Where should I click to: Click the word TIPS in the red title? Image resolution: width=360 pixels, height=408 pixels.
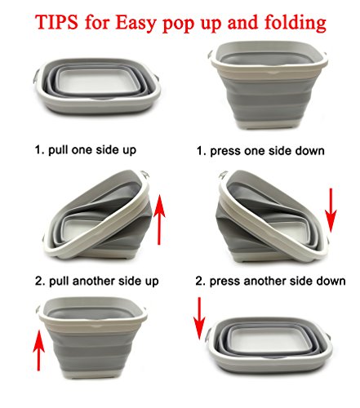click(56, 22)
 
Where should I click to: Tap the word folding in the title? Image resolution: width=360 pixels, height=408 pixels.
click(296, 24)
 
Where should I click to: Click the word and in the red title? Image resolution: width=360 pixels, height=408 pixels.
click(242, 22)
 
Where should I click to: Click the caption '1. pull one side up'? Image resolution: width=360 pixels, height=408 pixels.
click(86, 150)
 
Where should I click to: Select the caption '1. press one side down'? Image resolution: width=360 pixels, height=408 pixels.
click(260, 151)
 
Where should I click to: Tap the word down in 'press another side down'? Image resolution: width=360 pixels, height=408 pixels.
click(331, 281)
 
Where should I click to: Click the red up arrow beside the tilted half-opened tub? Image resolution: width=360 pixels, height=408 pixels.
click(159, 220)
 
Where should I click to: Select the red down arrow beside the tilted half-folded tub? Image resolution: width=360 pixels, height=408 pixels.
click(331, 211)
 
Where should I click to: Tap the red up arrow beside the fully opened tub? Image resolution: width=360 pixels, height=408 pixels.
click(38, 350)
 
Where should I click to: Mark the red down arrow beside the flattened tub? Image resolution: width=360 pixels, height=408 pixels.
click(199, 318)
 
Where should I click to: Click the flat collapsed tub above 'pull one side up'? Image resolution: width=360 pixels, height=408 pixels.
click(97, 86)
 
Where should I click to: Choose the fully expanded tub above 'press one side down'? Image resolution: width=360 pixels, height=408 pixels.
click(268, 85)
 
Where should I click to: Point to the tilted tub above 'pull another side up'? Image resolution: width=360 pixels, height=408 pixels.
click(96, 215)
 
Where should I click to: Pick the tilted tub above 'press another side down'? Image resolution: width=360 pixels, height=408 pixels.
click(273, 216)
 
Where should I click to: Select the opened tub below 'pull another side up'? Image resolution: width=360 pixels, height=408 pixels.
click(91, 338)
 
